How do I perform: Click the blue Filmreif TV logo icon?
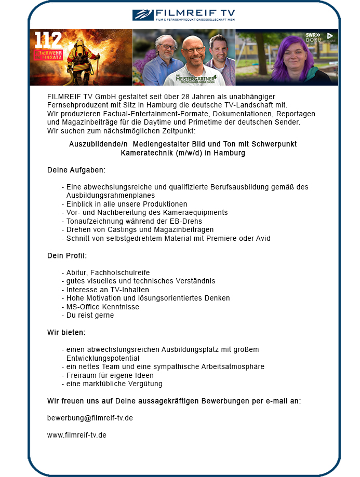[143, 15]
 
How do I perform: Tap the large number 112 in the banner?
[48, 40]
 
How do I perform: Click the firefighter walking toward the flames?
[83, 62]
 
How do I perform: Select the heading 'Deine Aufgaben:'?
[76, 170]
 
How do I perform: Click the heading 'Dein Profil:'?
[67, 255]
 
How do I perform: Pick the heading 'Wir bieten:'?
[66, 332]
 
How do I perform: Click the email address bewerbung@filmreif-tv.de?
[90, 418]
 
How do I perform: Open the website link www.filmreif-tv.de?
[77, 435]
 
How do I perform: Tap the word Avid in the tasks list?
[262, 239]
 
